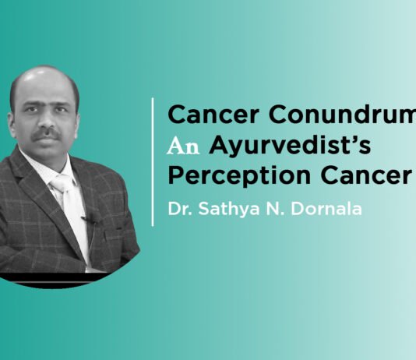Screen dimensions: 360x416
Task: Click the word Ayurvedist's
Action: (273, 143)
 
